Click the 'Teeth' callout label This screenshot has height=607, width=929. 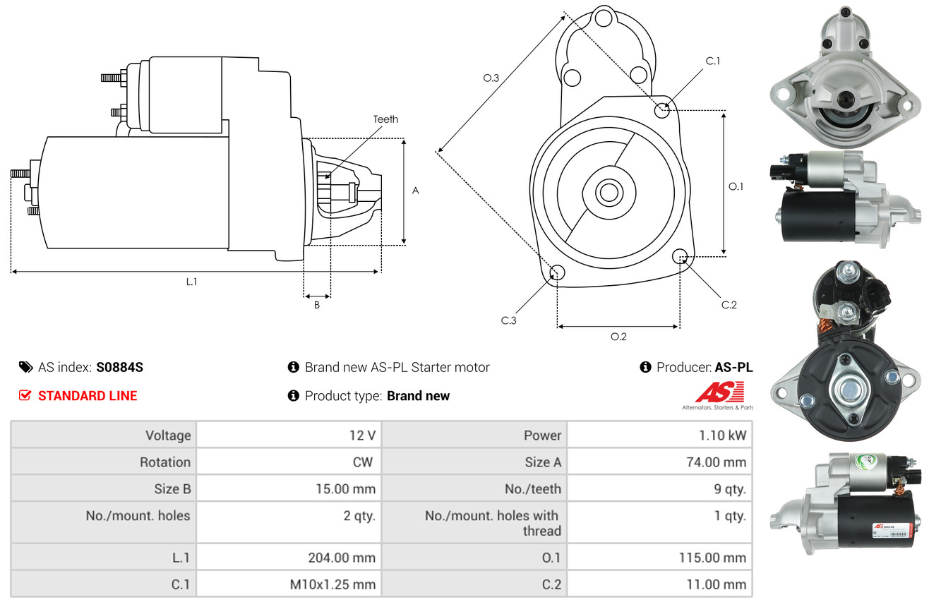(385, 119)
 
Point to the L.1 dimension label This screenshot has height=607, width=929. (191, 282)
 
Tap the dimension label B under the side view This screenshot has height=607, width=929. (317, 305)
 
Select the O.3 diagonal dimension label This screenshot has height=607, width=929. (491, 78)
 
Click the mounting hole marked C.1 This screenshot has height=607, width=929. (662, 110)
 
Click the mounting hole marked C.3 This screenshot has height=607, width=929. (557, 273)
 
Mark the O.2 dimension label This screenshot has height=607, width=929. (618, 337)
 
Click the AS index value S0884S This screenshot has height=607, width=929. (120, 367)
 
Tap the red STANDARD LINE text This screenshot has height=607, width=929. (88, 396)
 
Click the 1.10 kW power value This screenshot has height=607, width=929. (722, 435)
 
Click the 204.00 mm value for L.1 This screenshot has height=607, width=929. (341, 558)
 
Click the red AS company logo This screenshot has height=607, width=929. (719, 392)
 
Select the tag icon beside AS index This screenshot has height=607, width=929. (25, 367)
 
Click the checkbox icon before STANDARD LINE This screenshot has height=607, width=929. (25, 396)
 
